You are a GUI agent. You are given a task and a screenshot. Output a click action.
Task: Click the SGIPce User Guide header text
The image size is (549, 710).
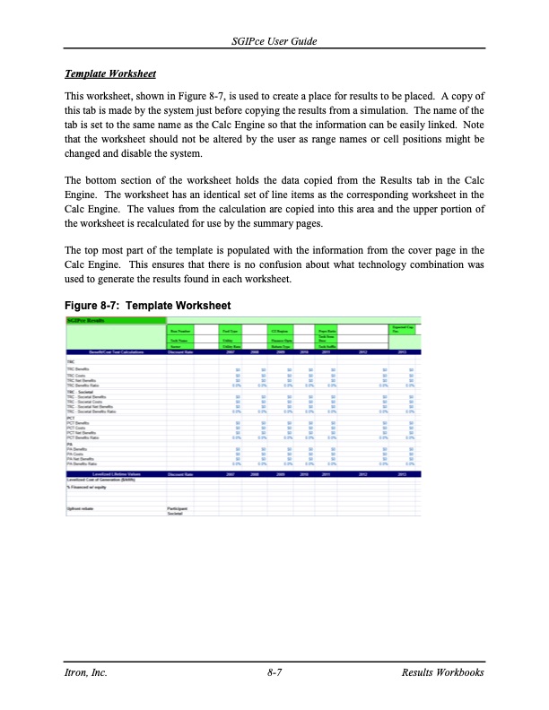click(x=274, y=43)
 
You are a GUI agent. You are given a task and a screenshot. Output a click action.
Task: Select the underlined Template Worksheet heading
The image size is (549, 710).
click(x=109, y=73)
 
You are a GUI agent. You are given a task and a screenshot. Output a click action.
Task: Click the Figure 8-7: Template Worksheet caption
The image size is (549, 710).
click(x=148, y=306)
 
